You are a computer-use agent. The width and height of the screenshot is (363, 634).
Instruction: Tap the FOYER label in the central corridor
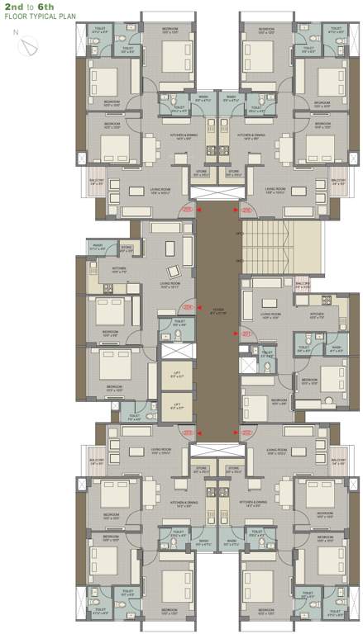(x=218, y=310)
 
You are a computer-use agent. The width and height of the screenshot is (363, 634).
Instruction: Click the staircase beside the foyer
(x=265, y=248)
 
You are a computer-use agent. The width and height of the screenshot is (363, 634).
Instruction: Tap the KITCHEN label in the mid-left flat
(x=96, y=268)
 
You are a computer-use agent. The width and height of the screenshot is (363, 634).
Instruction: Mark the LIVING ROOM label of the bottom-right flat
(x=276, y=451)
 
